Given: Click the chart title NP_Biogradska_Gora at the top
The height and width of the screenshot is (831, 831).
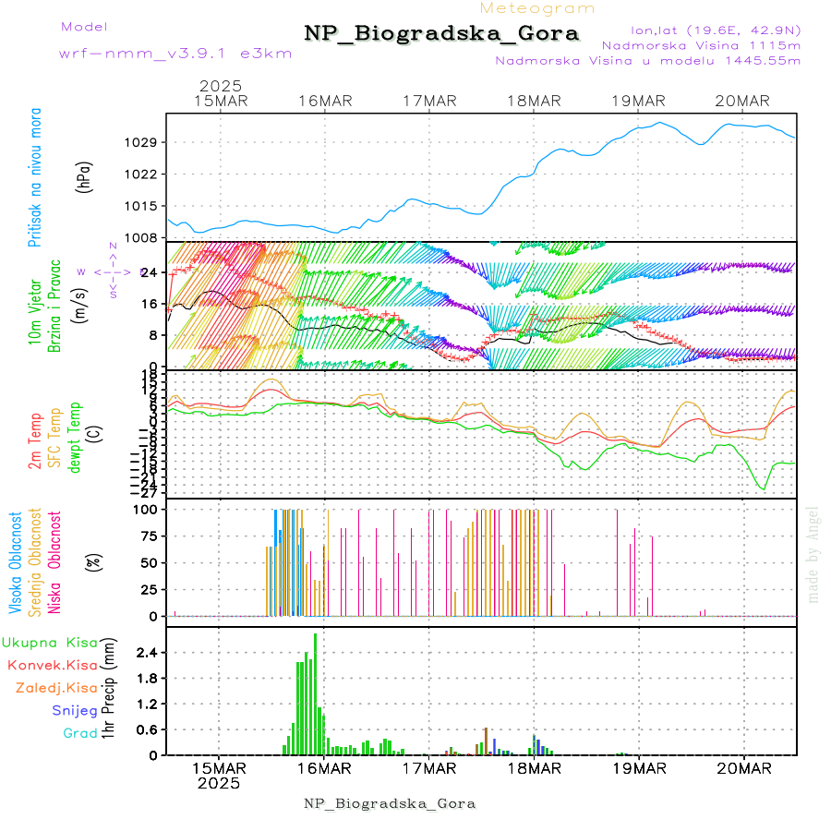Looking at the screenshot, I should tap(441, 34).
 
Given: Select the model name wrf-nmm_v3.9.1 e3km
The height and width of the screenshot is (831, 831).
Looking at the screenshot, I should tap(175, 54).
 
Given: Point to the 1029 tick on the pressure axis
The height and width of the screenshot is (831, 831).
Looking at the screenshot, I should tap(144, 142).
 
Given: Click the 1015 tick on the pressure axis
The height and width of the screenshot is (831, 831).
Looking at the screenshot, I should tap(144, 206).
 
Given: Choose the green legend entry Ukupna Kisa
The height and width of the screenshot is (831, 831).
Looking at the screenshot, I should tap(50, 642).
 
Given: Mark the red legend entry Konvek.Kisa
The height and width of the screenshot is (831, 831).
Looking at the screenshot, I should tap(53, 665).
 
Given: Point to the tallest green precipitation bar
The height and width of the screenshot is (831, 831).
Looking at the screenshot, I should tap(315, 692).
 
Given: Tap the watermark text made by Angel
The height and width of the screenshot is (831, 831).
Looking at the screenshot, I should tap(813, 554).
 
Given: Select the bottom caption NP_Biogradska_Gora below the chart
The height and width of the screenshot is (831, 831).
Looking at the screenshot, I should tap(390, 803).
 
